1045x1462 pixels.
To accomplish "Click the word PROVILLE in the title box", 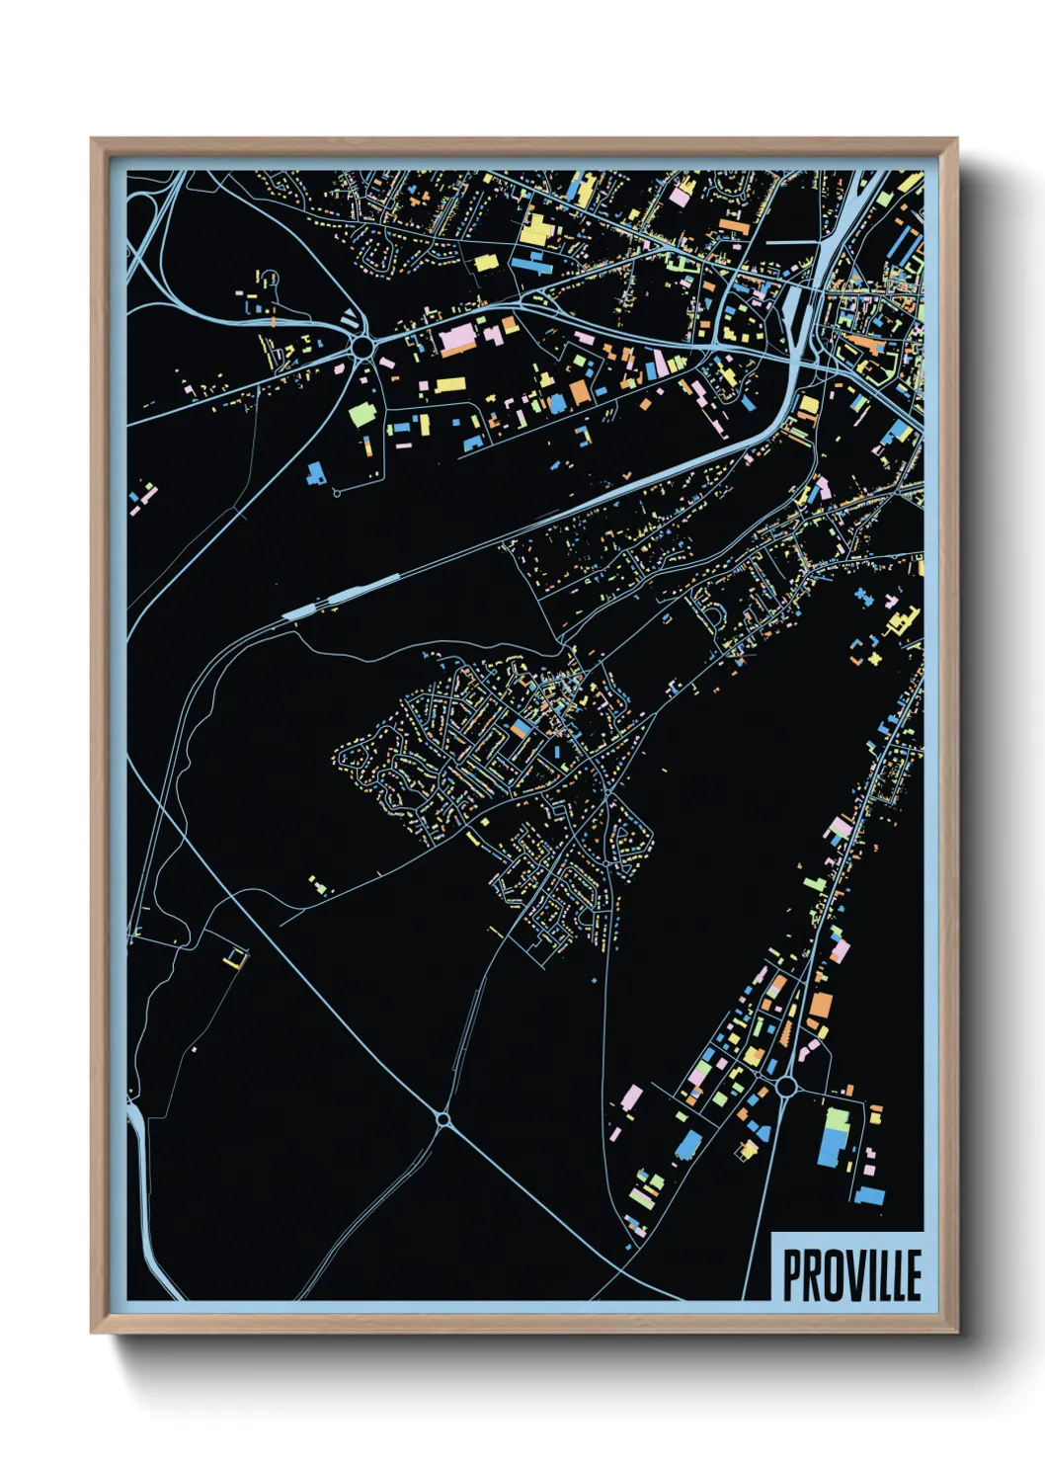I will pos(851,1275).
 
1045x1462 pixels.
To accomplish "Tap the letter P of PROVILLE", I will pos(792,1275).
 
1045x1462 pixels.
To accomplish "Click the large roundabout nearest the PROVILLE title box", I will pos(786,1087).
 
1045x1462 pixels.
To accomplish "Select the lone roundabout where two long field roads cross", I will pos(442,1119).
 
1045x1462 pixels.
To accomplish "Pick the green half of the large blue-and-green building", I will pos(837,1120).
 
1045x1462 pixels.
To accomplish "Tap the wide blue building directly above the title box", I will pos(869,1197).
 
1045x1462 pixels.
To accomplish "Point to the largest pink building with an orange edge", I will pos(457,338).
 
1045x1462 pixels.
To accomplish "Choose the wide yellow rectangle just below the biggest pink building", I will pos(449,384).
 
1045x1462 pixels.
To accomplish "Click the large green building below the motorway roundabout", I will pos(362,413).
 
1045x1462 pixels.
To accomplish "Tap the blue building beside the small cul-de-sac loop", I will pos(316,472).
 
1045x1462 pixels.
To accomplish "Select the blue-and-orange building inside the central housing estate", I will pos(520,729).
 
